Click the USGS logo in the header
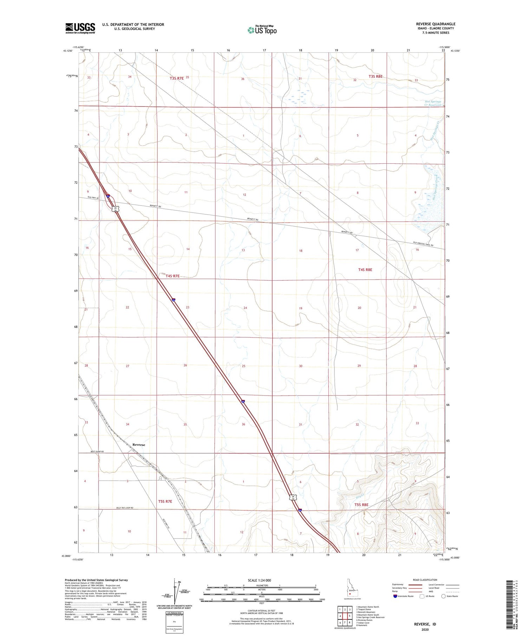click(80, 28)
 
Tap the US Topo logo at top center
click(262, 30)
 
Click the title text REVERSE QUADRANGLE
click(435, 24)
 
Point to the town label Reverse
click(139, 445)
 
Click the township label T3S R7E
click(177, 78)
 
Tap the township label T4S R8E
click(365, 270)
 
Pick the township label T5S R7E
click(165, 501)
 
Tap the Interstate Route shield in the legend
click(395, 596)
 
